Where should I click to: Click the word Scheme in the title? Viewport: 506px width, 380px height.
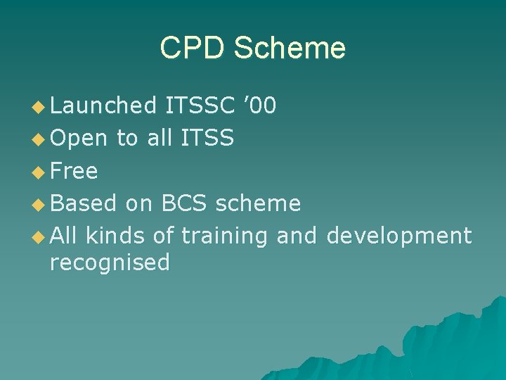tap(289, 49)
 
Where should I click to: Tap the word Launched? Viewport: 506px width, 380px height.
tap(103, 106)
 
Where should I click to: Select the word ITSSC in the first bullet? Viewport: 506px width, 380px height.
tap(199, 106)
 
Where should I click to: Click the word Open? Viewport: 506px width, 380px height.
tap(79, 139)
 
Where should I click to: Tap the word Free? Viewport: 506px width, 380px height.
tap(74, 171)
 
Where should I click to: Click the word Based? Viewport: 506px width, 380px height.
tap(83, 203)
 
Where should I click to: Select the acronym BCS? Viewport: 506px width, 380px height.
tap(184, 203)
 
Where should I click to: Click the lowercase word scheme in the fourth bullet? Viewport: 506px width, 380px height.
tap(258, 203)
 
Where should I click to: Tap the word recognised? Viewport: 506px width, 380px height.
tap(110, 263)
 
